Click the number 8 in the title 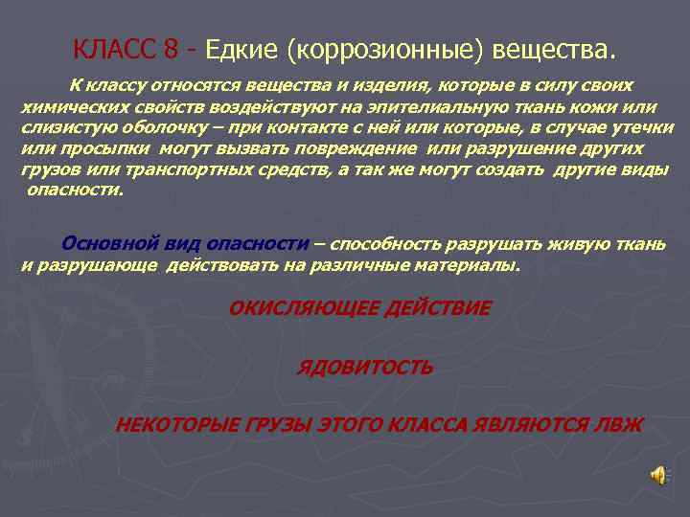coord(170,47)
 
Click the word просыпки coord(103,148)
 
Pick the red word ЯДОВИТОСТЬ coord(366,367)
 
